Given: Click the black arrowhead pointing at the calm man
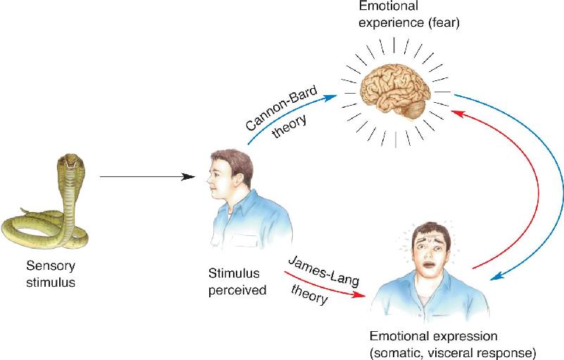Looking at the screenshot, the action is point(189,177).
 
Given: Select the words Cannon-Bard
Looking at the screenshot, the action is point(282,108).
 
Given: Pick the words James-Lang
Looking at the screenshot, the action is point(324,271).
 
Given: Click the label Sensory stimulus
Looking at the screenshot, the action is point(51,273).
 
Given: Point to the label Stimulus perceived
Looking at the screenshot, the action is point(237,282).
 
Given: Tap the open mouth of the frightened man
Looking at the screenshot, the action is point(429,266).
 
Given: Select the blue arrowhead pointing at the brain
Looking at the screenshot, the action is point(330,97).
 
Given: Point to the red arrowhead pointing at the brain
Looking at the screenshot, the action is point(458,113).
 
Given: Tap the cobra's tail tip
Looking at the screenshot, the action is point(22,209).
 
